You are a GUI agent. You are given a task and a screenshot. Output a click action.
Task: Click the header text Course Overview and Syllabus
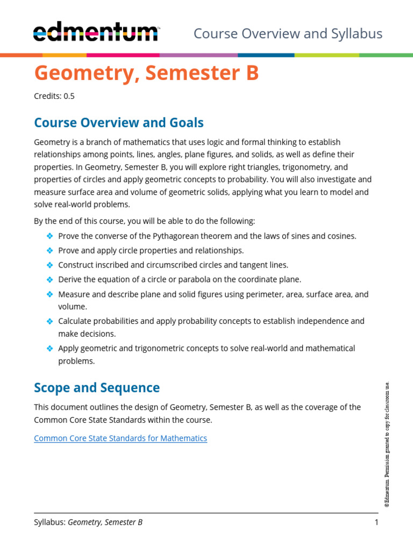[x=288, y=34]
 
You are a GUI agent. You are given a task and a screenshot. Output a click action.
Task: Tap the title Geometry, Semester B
[x=146, y=74]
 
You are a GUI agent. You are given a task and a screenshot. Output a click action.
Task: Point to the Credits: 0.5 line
[x=54, y=97]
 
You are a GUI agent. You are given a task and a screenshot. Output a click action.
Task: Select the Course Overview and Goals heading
[x=119, y=123]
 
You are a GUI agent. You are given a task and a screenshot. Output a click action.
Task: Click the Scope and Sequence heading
[x=97, y=388]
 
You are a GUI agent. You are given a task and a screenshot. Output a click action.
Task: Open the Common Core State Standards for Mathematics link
[x=120, y=438]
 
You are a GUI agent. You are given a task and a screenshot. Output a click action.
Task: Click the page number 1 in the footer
[x=376, y=522]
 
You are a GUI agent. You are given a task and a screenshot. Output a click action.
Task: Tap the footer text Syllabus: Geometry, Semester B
[x=88, y=522]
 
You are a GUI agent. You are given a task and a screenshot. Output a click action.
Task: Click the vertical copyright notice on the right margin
[x=387, y=444]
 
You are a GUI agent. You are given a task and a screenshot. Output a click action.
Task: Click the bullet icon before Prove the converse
[x=49, y=236]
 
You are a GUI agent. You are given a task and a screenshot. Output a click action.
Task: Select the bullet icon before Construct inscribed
[x=49, y=265]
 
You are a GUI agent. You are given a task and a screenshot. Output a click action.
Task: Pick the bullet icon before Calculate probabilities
[x=49, y=321]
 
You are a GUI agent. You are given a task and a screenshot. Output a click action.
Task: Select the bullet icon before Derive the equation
[x=49, y=279]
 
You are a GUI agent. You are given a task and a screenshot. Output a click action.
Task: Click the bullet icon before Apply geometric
[x=49, y=348]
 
